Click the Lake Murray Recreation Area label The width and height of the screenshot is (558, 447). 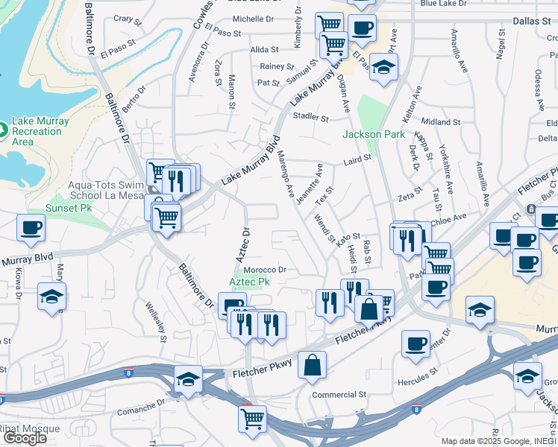click(x=41, y=131)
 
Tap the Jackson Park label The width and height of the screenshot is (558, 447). click(x=373, y=135)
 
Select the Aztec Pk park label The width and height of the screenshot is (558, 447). click(x=250, y=282)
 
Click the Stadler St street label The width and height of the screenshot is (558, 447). click(x=311, y=118)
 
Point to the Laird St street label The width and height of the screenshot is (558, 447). click(x=357, y=159)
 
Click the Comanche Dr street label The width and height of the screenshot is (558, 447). click(x=141, y=408)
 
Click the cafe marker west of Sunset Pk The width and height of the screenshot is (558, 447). click(x=31, y=227)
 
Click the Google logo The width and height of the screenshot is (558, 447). click(x=25, y=438)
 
